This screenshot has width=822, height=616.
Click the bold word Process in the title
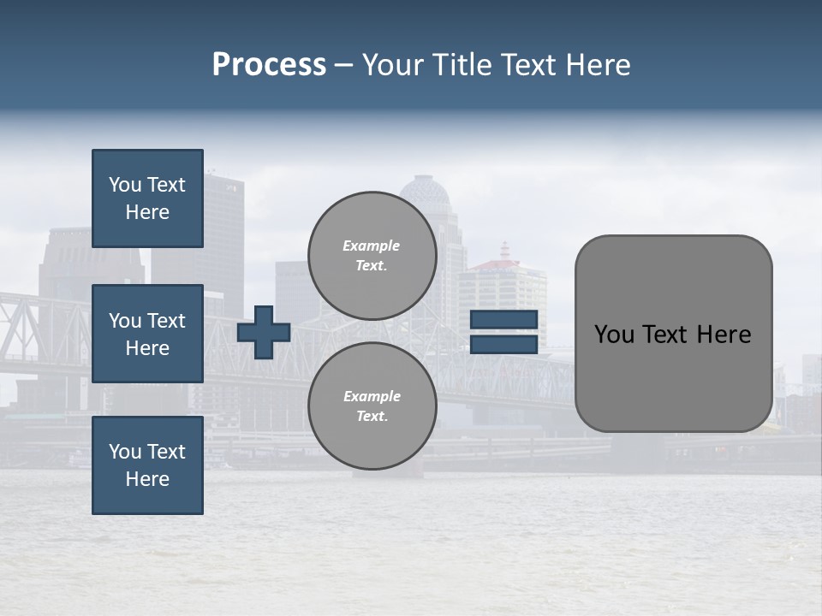[x=269, y=65]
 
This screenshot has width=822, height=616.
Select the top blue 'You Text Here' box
[x=147, y=198]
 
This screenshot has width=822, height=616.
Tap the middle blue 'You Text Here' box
[x=147, y=334]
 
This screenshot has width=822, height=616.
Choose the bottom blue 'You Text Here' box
[x=147, y=465]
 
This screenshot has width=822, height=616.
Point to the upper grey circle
[x=372, y=255]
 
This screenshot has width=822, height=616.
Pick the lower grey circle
[x=372, y=406]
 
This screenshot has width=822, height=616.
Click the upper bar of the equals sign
[x=503, y=319]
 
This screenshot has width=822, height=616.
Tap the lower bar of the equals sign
[x=503, y=344]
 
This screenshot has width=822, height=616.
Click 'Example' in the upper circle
[x=372, y=246]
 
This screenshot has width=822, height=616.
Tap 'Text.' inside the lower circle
[x=372, y=417]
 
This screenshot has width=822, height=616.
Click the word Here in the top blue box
[x=147, y=212]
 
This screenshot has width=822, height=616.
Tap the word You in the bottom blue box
[x=125, y=452]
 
